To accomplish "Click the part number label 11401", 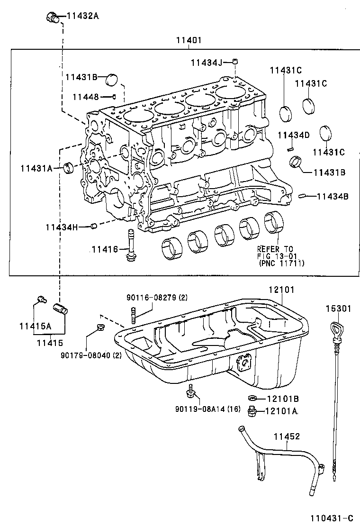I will pyautogui.click(x=189, y=41).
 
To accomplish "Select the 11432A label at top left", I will pyautogui.click(x=82, y=16).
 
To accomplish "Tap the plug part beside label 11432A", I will pyautogui.click(x=53, y=18).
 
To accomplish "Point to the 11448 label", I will pyautogui.click(x=85, y=97).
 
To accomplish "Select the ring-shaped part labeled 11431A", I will pyautogui.click(x=70, y=167).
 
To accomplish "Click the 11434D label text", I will pyautogui.click(x=293, y=136).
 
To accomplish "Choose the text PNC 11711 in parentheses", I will pyautogui.click(x=282, y=263).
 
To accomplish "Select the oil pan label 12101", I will pyautogui.click(x=281, y=289).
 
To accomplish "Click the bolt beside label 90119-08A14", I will pyautogui.click(x=191, y=392).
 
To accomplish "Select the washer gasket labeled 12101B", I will pyautogui.click(x=252, y=398).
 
